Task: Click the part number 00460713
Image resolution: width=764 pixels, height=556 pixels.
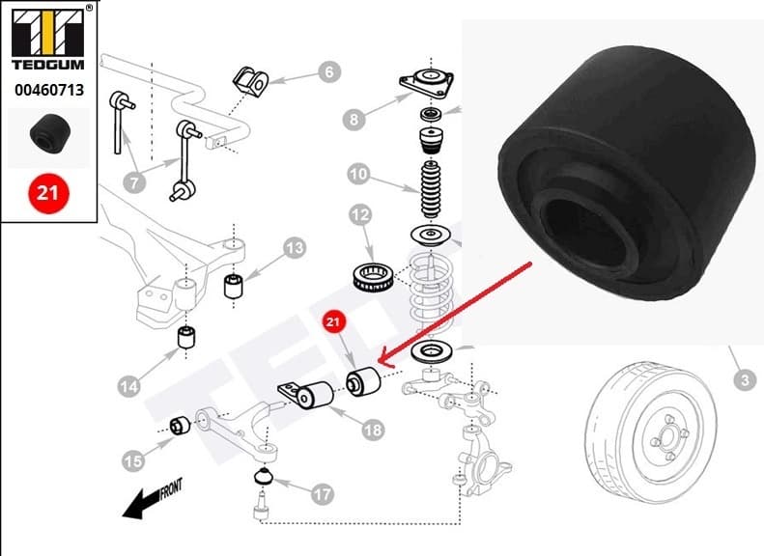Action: pyautogui.click(x=47, y=92)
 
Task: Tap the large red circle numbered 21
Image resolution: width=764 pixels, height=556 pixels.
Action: pyautogui.click(x=47, y=193)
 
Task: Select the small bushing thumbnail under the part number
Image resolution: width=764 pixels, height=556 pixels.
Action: pyautogui.click(x=47, y=136)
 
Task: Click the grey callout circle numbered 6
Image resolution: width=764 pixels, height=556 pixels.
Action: pyautogui.click(x=327, y=71)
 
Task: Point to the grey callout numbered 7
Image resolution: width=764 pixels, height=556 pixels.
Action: pyautogui.click(x=135, y=181)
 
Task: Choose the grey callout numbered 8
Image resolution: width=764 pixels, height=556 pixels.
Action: pyautogui.click(x=355, y=120)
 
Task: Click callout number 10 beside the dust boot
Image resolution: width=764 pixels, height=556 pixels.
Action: pyautogui.click(x=358, y=175)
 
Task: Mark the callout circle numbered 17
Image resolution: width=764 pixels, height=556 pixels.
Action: pyautogui.click(x=323, y=494)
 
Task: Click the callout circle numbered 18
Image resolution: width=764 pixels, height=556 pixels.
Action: pyautogui.click(x=373, y=430)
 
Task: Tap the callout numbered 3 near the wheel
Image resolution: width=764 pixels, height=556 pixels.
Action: pyautogui.click(x=743, y=380)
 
